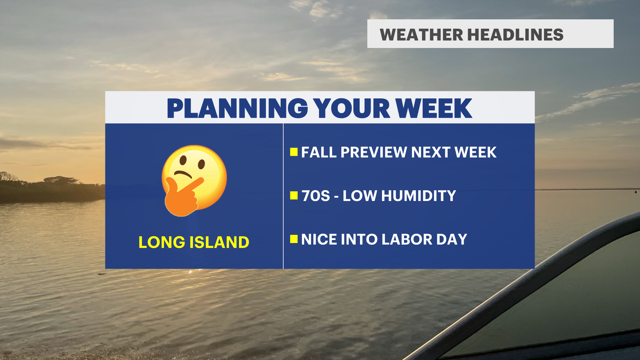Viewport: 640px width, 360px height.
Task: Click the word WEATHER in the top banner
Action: (x=421, y=35)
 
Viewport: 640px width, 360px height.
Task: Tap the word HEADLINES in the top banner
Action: (x=515, y=35)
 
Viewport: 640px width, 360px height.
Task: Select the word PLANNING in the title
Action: (x=237, y=108)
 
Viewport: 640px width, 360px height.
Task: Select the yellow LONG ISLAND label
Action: (x=194, y=242)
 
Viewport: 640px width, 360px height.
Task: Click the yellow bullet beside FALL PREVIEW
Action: (x=294, y=152)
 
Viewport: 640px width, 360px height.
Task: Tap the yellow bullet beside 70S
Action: (x=294, y=195)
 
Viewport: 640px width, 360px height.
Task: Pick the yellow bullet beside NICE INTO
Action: (x=294, y=239)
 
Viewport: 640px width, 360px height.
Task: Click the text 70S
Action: (x=316, y=196)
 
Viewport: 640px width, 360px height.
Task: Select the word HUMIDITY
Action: (x=419, y=196)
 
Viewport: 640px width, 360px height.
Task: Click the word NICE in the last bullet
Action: (x=319, y=239)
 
